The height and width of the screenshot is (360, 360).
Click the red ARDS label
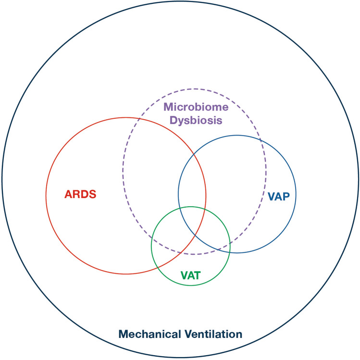[81, 195]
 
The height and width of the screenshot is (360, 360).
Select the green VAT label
[190, 276]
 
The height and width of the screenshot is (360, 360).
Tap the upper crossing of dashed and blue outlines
[261, 140]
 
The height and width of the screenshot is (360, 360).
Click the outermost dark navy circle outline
[180, 2]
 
